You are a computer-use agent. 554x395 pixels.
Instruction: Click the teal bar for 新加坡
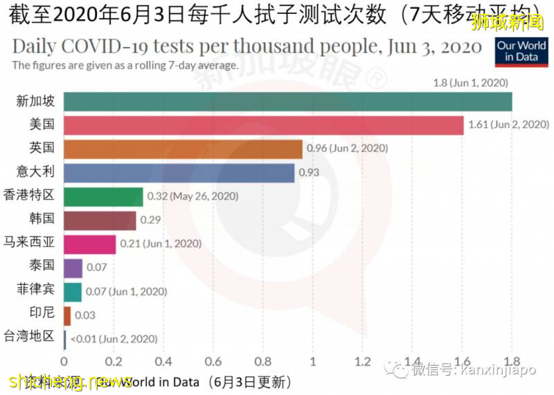(287, 101)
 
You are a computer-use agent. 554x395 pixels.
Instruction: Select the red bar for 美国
(263, 125)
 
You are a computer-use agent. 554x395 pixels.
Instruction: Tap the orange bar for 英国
(183, 149)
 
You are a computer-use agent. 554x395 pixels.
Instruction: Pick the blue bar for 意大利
(179, 173)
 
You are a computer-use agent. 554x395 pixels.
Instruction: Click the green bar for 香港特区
(103, 196)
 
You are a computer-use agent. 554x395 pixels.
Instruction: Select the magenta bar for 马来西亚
(90, 244)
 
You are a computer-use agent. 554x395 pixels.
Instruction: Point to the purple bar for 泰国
(73, 268)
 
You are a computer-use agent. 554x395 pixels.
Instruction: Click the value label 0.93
(308, 173)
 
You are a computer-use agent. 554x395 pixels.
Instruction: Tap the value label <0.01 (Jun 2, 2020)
(113, 339)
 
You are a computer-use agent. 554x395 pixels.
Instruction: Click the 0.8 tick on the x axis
(263, 360)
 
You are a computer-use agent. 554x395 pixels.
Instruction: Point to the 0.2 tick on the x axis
(114, 360)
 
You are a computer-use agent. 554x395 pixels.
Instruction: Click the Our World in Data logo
(521, 51)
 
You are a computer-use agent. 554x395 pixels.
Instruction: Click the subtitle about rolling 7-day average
(125, 66)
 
